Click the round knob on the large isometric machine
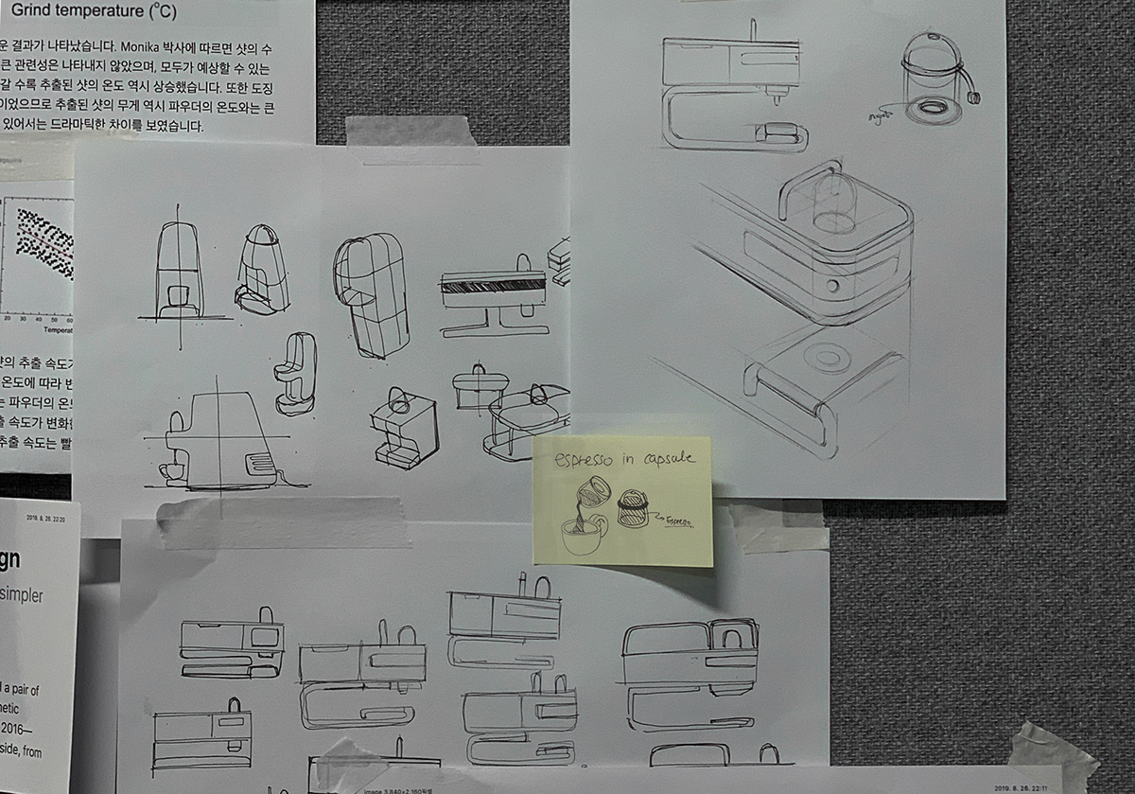pyautogui.click(x=830, y=285)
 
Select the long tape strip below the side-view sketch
pyautogui.click(x=284, y=521)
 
